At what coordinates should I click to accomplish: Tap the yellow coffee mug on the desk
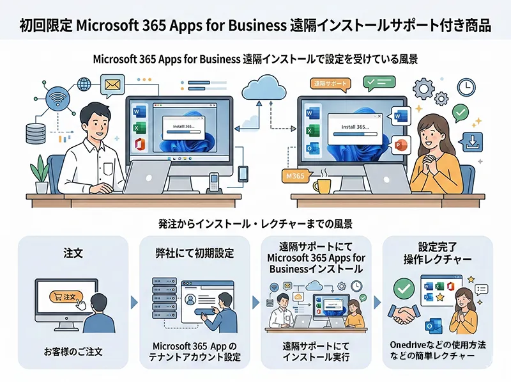click(x=322, y=186)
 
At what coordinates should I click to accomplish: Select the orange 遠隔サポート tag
click(x=330, y=84)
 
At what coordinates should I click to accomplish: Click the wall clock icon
click(x=466, y=87)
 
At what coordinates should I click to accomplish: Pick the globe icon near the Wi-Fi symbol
click(x=84, y=84)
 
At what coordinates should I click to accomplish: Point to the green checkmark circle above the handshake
click(x=404, y=289)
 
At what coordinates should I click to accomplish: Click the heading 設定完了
click(x=437, y=246)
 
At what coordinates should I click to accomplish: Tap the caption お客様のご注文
click(x=73, y=351)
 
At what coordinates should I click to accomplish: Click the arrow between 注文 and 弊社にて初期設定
click(x=133, y=301)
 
